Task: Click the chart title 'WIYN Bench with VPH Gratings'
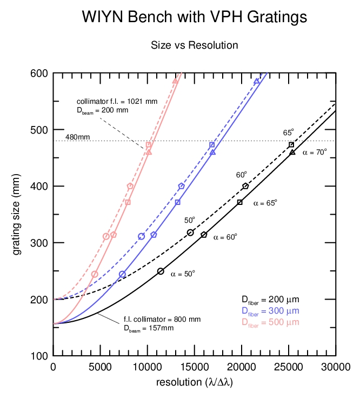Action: tap(194, 17)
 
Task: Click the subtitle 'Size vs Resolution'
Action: tap(194, 45)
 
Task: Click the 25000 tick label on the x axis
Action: tap(289, 368)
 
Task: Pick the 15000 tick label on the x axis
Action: tap(195, 368)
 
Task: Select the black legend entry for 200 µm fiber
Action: tap(270, 300)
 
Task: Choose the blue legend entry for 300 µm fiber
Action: tap(270, 311)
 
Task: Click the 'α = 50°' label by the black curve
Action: tap(183, 274)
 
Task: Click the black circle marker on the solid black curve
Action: tap(161, 271)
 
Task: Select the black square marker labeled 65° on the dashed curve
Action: tap(291, 144)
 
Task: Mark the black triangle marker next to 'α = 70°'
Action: tap(292, 152)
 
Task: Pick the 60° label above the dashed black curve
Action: tap(241, 175)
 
